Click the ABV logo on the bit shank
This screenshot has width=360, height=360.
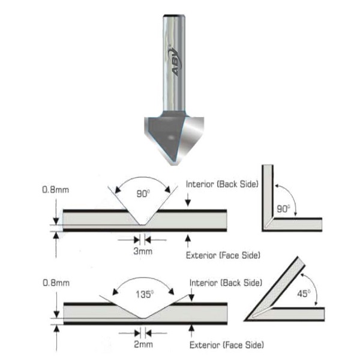click(175, 61)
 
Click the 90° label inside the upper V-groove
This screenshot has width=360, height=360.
click(143, 194)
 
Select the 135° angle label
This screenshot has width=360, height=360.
click(145, 294)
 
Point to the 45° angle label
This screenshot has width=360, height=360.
click(304, 293)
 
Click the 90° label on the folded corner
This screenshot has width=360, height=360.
click(284, 208)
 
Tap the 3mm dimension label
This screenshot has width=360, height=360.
click(143, 251)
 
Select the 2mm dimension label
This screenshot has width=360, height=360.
click(143, 344)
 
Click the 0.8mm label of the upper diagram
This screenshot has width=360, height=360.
click(56, 190)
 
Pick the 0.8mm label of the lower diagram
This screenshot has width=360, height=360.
click(56, 283)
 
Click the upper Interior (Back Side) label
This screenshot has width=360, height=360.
click(222, 184)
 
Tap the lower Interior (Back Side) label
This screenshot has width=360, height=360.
click(226, 283)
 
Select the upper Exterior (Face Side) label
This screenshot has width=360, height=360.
click(223, 256)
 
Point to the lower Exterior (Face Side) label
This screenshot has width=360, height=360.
click(227, 345)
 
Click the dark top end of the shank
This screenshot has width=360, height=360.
click(174, 16)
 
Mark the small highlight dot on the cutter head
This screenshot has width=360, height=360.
click(171, 138)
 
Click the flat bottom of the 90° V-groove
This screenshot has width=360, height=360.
click(142, 225)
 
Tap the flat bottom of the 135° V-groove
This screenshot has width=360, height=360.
click(143, 318)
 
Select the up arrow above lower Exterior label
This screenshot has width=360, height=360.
click(191, 331)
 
